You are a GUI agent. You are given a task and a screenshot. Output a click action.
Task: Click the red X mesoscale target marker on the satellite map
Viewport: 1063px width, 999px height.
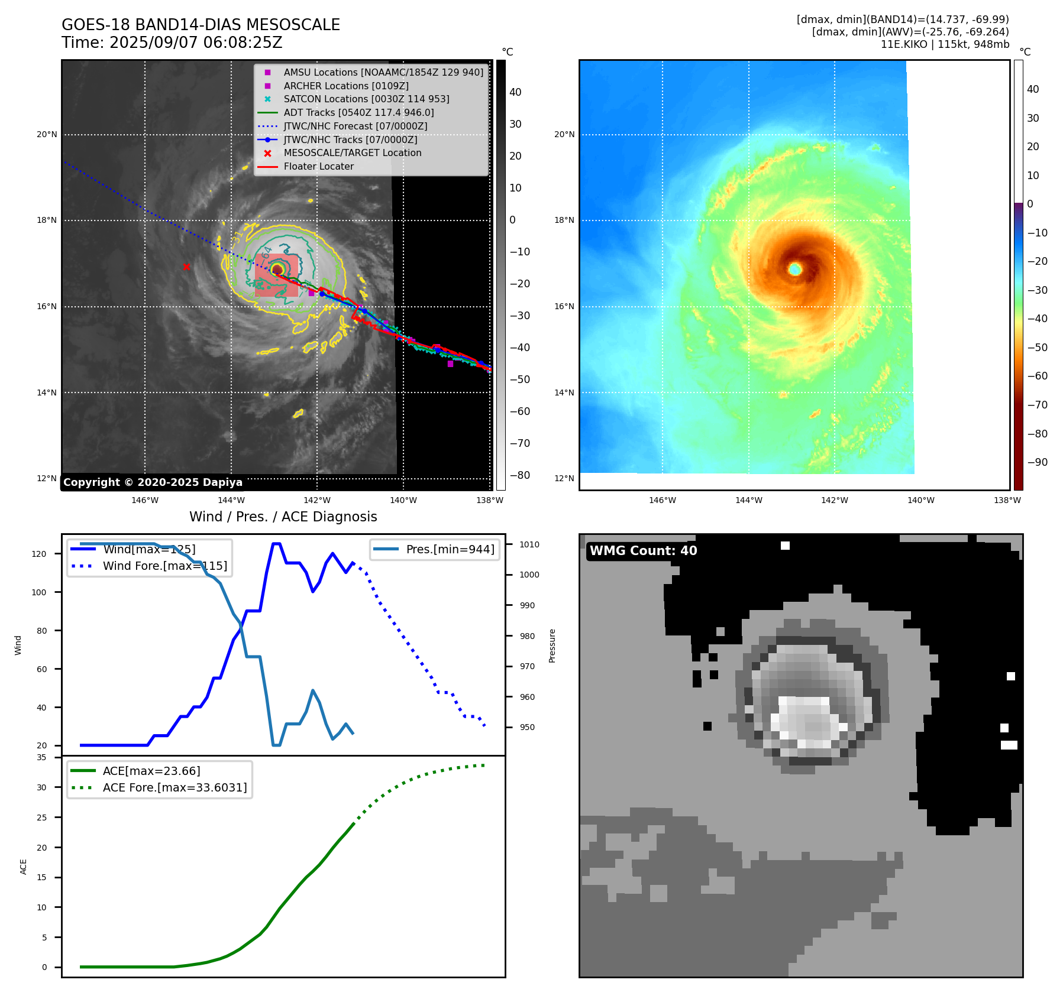point(186,267)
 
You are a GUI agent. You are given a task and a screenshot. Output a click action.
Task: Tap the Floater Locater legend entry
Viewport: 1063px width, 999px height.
point(318,166)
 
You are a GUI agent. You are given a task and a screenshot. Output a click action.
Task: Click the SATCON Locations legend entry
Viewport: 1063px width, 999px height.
point(366,99)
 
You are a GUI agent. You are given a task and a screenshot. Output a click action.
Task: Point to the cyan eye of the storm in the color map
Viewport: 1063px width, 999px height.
point(794,269)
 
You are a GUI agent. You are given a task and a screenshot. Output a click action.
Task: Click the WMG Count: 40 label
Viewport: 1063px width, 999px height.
point(643,551)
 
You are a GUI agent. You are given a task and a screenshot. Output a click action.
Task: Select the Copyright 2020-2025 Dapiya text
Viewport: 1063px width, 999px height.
point(153,482)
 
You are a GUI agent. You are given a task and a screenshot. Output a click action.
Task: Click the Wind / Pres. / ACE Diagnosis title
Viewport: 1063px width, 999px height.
point(283,517)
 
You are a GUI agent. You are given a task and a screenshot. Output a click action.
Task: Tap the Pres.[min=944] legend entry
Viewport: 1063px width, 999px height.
point(450,549)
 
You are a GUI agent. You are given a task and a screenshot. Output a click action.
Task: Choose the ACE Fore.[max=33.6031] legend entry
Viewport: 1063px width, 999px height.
point(175,787)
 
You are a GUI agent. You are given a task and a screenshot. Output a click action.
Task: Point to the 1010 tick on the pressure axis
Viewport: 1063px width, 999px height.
point(529,544)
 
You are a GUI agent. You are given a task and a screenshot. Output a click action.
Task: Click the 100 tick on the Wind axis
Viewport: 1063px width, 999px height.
point(39,592)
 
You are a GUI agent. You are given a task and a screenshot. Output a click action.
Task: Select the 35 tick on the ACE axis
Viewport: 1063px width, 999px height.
point(41,757)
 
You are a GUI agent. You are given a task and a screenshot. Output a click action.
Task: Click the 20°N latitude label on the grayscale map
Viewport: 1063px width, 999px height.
point(47,135)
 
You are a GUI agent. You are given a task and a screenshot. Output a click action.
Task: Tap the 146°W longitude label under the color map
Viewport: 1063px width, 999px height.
point(662,500)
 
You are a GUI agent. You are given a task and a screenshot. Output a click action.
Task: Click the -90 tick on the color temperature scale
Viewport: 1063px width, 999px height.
point(1037,462)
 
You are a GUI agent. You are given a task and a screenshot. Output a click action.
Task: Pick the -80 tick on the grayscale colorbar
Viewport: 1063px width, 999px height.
point(520,475)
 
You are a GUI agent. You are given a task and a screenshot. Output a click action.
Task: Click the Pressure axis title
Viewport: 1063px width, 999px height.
point(552,646)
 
